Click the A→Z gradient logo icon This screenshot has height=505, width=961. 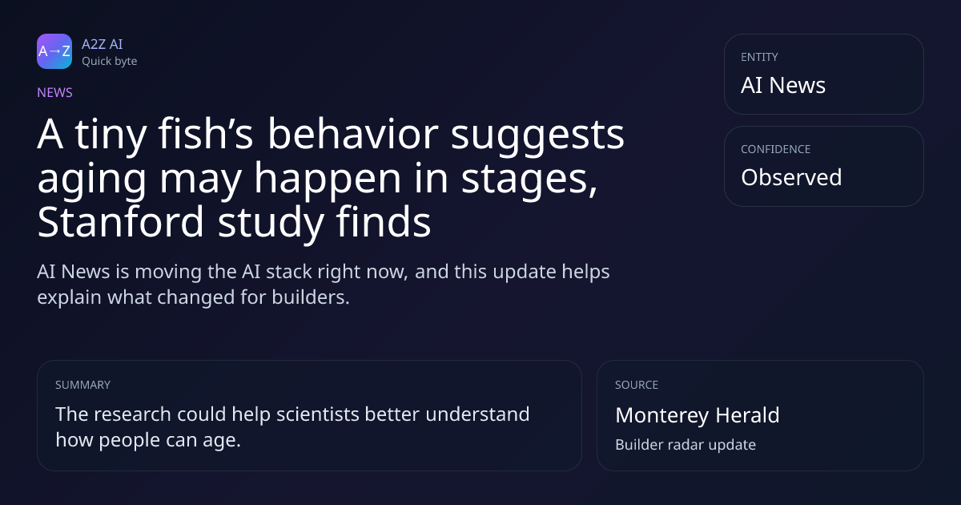click(54, 51)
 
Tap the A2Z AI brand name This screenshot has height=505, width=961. click(103, 44)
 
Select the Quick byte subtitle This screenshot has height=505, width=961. click(110, 62)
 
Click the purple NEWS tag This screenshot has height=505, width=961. click(55, 92)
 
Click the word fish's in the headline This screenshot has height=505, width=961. click(206, 134)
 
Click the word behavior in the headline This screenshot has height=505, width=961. click(353, 134)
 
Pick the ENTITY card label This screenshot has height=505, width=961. click(759, 57)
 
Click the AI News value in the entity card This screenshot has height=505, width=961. click(783, 85)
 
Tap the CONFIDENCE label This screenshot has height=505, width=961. click(776, 149)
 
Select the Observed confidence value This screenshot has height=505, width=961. click(791, 177)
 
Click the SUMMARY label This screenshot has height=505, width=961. click(82, 385)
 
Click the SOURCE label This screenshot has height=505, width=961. click(637, 385)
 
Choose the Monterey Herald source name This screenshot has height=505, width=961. click(698, 415)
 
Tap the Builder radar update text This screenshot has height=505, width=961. click(686, 445)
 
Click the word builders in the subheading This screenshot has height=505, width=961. click(311, 297)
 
